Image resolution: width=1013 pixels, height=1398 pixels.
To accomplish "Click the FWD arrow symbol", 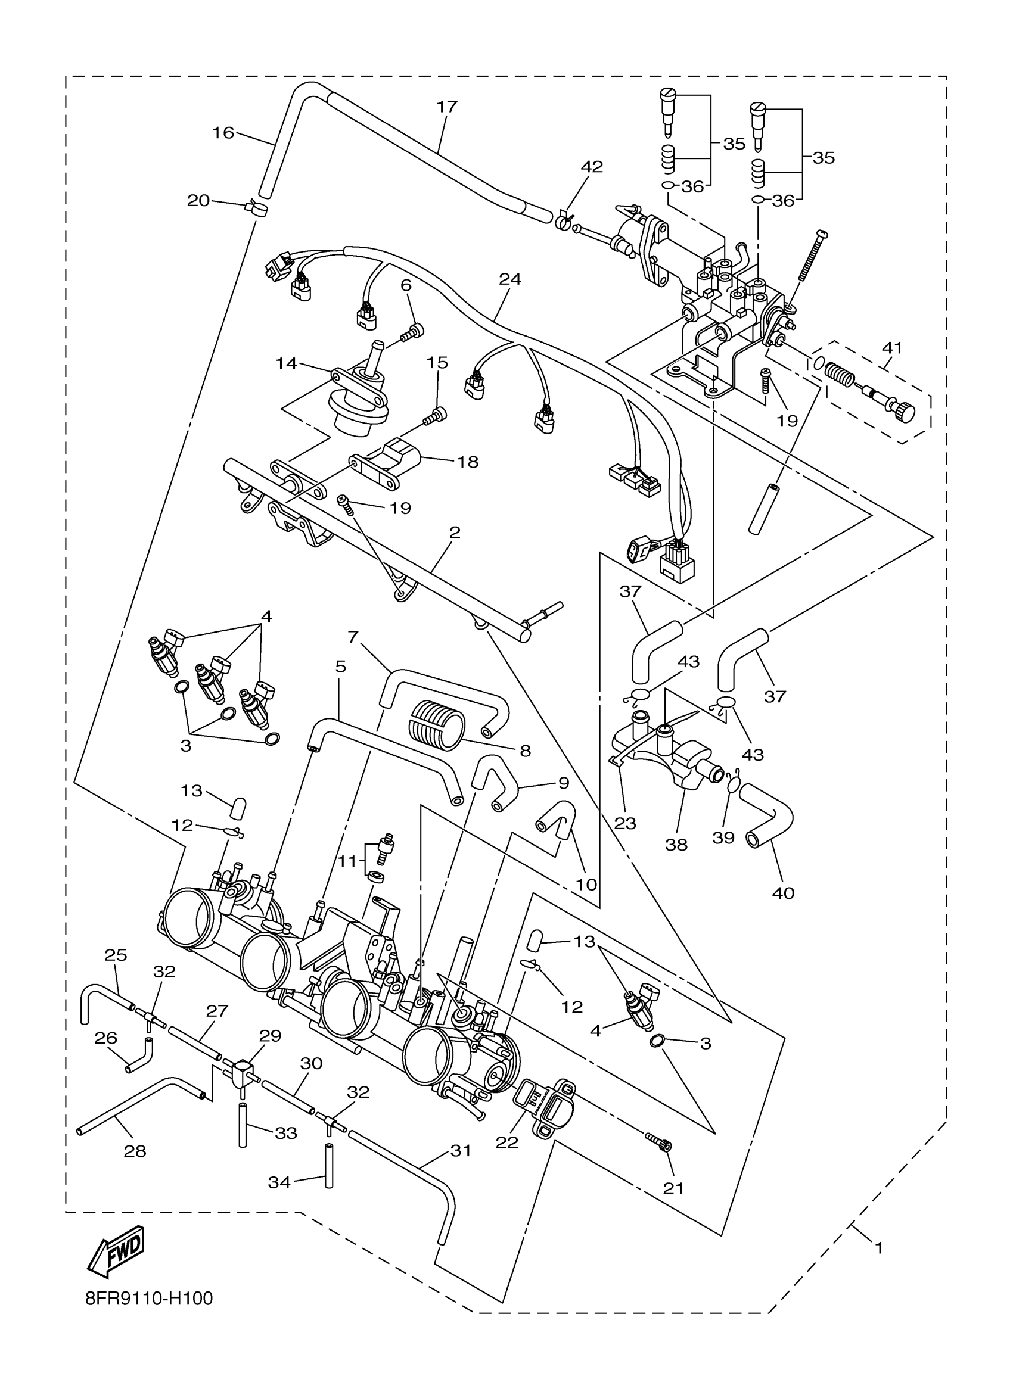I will click(x=116, y=1251).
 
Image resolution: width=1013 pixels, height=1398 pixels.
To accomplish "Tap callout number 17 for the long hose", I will click(x=447, y=107).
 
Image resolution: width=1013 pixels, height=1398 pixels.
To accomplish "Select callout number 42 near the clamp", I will click(x=592, y=167).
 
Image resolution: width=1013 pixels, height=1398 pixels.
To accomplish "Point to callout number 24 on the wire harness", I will click(x=510, y=279).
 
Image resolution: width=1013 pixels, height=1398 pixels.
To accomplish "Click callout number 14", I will click(x=286, y=364).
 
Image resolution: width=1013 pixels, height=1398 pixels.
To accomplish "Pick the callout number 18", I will click(x=468, y=462).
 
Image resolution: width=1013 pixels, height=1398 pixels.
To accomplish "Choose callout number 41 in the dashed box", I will click(x=891, y=348).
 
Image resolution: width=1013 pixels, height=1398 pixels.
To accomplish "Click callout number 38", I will click(x=676, y=845).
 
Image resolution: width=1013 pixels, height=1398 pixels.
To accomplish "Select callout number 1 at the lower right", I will click(x=879, y=1248).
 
